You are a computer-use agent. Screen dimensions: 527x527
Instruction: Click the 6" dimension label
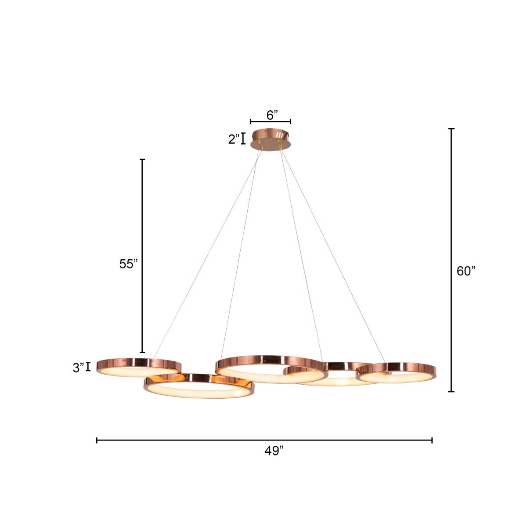(x=272, y=115)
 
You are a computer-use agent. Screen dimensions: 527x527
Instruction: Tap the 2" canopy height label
(x=234, y=139)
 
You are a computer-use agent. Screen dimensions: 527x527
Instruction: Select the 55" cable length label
(x=128, y=264)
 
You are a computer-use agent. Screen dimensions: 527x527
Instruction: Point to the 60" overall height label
(x=466, y=271)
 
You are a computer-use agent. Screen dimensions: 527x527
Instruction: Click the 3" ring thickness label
(x=79, y=368)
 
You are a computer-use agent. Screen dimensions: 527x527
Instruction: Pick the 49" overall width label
(x=274, y=451)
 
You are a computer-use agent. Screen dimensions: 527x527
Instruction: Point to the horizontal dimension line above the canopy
(x=271, y=121)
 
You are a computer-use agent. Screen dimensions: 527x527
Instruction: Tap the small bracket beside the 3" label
(x=88, y=367)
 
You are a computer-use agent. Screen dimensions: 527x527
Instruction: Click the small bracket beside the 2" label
(x=243, y=139)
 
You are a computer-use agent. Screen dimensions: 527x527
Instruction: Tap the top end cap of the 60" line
(x=451, y=129)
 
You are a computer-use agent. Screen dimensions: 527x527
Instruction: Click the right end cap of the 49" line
(x=432, y=440)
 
